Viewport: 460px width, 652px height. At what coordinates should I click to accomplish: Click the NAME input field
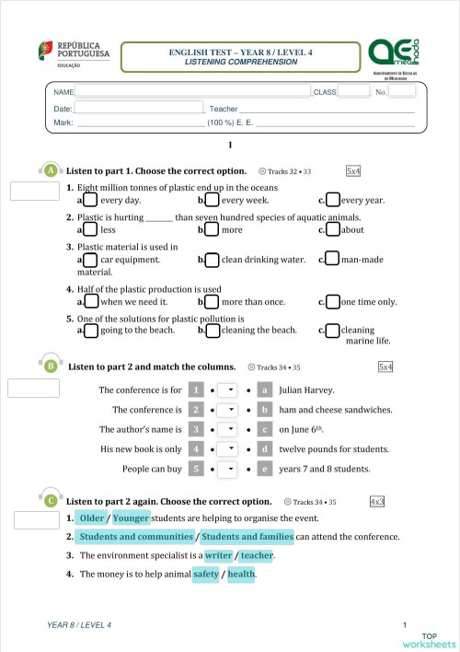(x=192, y=92)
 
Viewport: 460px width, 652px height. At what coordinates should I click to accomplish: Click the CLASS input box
(x=353, y=92)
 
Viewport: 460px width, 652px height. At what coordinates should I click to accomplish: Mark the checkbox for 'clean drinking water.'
(x=213, y=261)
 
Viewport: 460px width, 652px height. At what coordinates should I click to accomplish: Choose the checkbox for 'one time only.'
(x=333, y=302)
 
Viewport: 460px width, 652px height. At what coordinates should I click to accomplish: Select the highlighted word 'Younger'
(x=131, y=518)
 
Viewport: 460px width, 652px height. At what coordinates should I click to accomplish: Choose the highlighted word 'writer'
(x=219, y=556)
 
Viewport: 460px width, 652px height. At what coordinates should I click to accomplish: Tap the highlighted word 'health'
(x=242, y=575)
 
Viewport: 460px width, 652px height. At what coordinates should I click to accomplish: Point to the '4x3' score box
(x=377, y=502)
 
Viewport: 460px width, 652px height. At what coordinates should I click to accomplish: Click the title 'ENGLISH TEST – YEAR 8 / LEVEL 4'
(x=241, y=53)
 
